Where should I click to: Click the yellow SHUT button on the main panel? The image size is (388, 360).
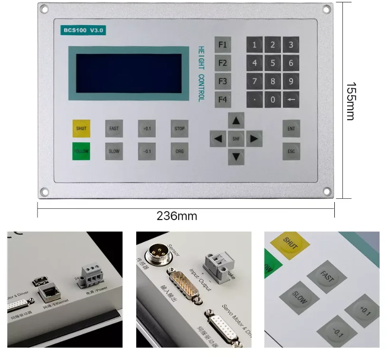point(81,129)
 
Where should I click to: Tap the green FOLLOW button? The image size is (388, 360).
point(81,151)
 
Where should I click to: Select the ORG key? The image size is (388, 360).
point(180,151)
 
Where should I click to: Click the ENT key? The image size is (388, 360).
point(291,129)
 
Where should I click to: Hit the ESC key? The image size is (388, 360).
point(291,151)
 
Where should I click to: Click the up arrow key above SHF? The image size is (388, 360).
point(236,121)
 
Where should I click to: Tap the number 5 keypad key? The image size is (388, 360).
point(273,63)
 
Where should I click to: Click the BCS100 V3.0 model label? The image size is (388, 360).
point(84,30)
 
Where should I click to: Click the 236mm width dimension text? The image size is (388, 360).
point(177,216)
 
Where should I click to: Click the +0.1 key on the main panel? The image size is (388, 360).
point(147,129)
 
